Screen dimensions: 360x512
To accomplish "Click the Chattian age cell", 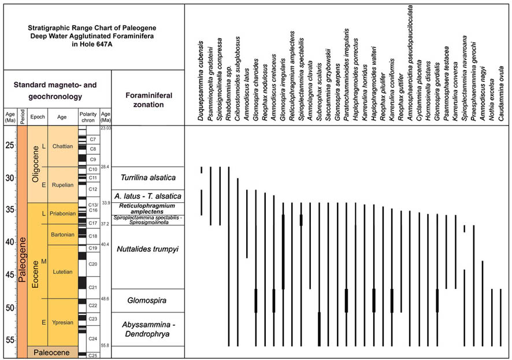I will (x=62, y=146).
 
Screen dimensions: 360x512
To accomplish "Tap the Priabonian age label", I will (x=62, y=214).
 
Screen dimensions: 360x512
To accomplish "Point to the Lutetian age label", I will (x=62, y=271).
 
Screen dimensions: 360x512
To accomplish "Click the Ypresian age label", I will (x=62, y=322).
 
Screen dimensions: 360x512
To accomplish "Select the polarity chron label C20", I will (x=92, y=263).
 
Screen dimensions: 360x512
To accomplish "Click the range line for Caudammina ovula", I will (x=500, y=317).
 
